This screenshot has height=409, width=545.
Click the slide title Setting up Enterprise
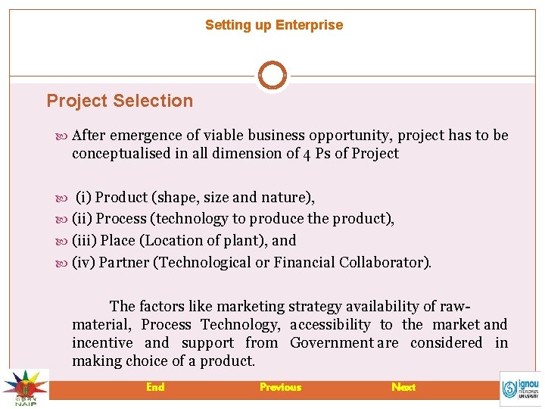click(x=273, y=25)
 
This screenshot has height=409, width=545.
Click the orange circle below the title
click(x=272, y=76)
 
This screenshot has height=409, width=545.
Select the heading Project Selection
click(x=120, y=101)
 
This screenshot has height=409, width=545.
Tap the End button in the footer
click(x=155, y=387)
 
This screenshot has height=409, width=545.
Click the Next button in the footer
click(x=403, y=387)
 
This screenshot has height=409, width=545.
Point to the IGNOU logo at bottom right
click(x=521, y=389)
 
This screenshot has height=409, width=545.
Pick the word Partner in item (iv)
click(x=123, y=263)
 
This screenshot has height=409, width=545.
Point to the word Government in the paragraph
click(x=332, y=343)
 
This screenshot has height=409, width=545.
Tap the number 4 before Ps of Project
click(x=307, y=154)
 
